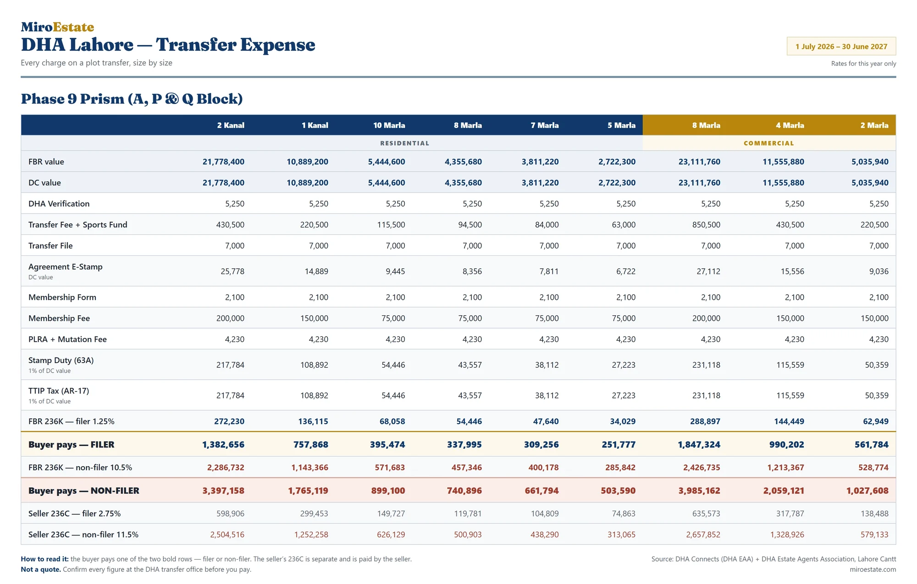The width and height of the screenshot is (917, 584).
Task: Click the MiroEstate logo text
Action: (57, 27)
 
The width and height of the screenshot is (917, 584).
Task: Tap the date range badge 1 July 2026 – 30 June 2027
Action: (841, 46)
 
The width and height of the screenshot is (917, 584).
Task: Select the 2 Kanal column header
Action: (231, 125)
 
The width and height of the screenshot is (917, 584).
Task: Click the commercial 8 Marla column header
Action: (706, 125)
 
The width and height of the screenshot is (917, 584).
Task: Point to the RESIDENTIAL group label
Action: (405, 143)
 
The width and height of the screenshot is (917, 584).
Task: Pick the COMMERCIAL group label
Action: (769, 143)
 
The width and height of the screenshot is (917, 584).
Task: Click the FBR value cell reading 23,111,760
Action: (699, 162)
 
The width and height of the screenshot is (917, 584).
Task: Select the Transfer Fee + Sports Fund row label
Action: (78, 225)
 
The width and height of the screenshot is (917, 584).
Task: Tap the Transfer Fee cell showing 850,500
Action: (706, 225)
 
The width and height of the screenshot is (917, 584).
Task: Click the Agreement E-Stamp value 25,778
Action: (232, 271)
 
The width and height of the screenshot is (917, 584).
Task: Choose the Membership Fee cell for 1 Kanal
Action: (314, 318)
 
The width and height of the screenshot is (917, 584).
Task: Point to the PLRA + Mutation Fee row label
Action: (67, 339)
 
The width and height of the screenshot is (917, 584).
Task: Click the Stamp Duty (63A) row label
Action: (61, 360)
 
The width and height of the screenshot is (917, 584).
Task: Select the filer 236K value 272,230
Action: (229, 421)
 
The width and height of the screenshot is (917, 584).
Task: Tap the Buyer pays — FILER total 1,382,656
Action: (223, 445)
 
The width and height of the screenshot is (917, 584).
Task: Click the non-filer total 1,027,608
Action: (867, 490)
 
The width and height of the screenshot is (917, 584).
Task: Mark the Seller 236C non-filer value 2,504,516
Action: (227, 534)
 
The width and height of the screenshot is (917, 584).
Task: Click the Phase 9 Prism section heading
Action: (132, 99)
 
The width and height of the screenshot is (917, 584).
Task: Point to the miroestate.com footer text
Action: (873, 569)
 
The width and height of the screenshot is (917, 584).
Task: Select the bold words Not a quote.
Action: (41, 569)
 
